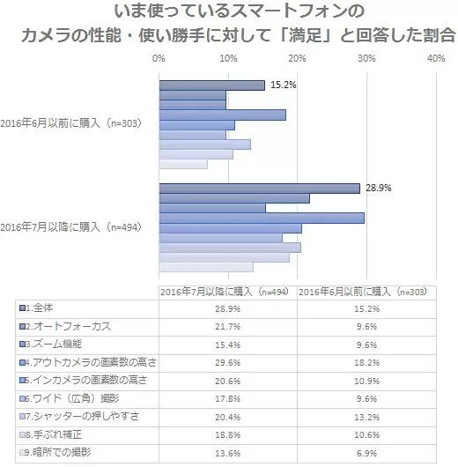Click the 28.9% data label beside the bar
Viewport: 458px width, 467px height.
tap(378, 188)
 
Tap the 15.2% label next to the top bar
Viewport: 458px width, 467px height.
tap(284, 85)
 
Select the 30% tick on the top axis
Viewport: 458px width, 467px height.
tap(366, 58)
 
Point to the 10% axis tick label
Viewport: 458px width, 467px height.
tap(228, 58)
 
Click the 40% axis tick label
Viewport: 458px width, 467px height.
tap(436, 58)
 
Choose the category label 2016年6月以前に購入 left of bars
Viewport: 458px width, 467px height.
tap(70, 123)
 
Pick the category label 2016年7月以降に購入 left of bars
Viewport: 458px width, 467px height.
tap(70, 227)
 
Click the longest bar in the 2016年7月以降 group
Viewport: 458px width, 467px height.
tap(262, 218)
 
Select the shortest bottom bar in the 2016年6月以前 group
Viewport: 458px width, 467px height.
tap(183, 164)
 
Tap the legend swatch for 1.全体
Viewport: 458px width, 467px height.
tap(22, 308)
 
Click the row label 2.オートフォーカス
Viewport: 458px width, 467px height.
tap(68, 326)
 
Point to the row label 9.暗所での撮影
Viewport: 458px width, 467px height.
tap(58, 452)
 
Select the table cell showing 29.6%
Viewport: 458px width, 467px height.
tap(228, 363)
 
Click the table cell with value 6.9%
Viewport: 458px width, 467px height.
tap(367, 453)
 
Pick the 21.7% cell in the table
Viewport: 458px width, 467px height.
tap(228, 327)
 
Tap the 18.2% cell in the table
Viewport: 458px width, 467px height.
tap(367, 363)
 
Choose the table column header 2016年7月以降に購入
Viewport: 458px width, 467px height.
tap(225, 292)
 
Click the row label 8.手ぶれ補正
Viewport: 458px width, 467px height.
tap(54, 434)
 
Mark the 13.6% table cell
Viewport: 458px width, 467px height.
tap(228, 453)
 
